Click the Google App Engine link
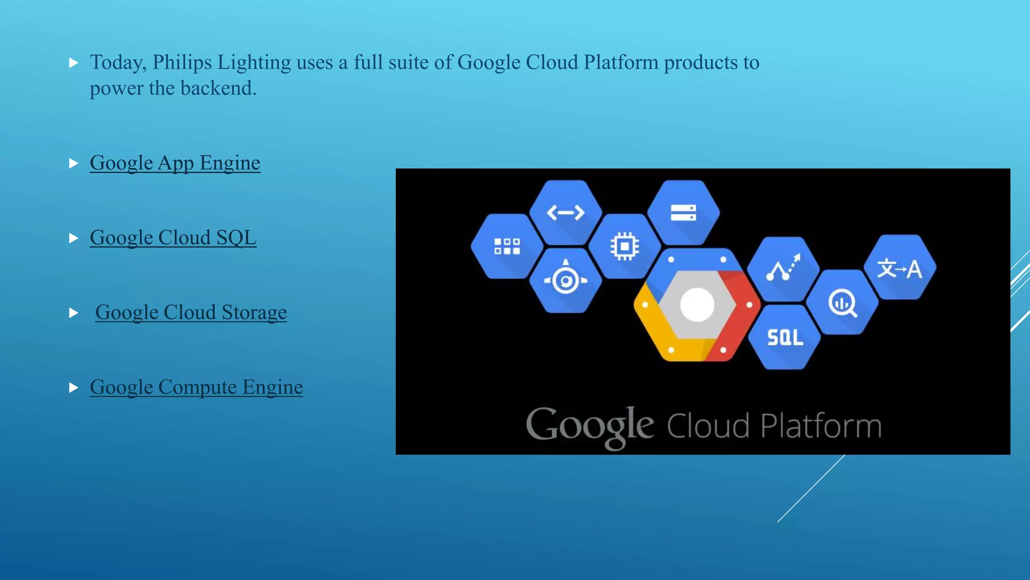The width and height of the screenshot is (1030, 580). (175, 163)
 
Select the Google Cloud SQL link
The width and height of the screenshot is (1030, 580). (173, 238)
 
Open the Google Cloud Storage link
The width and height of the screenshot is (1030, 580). (191, 313)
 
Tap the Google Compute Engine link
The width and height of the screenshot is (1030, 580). (196, 387)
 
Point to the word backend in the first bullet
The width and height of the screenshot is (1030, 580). (218, 88)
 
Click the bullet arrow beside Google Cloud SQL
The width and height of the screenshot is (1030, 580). (73, 238)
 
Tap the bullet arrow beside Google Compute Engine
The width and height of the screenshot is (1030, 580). (73, 388)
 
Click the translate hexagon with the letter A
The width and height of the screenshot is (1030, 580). (900, 268)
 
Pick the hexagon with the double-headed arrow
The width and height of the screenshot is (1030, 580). (565, 212)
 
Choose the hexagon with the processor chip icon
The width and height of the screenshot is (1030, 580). (625, 247)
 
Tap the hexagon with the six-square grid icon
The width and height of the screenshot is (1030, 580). (506, 247)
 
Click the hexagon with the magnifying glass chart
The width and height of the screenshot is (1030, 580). (842, 303)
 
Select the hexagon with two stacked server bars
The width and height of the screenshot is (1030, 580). (683, 212)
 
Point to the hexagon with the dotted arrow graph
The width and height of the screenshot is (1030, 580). (783, 269)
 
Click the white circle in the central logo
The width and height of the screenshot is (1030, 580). (697, 305)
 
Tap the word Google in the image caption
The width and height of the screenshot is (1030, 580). (589, 426)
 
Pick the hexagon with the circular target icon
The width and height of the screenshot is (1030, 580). (565, 280)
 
